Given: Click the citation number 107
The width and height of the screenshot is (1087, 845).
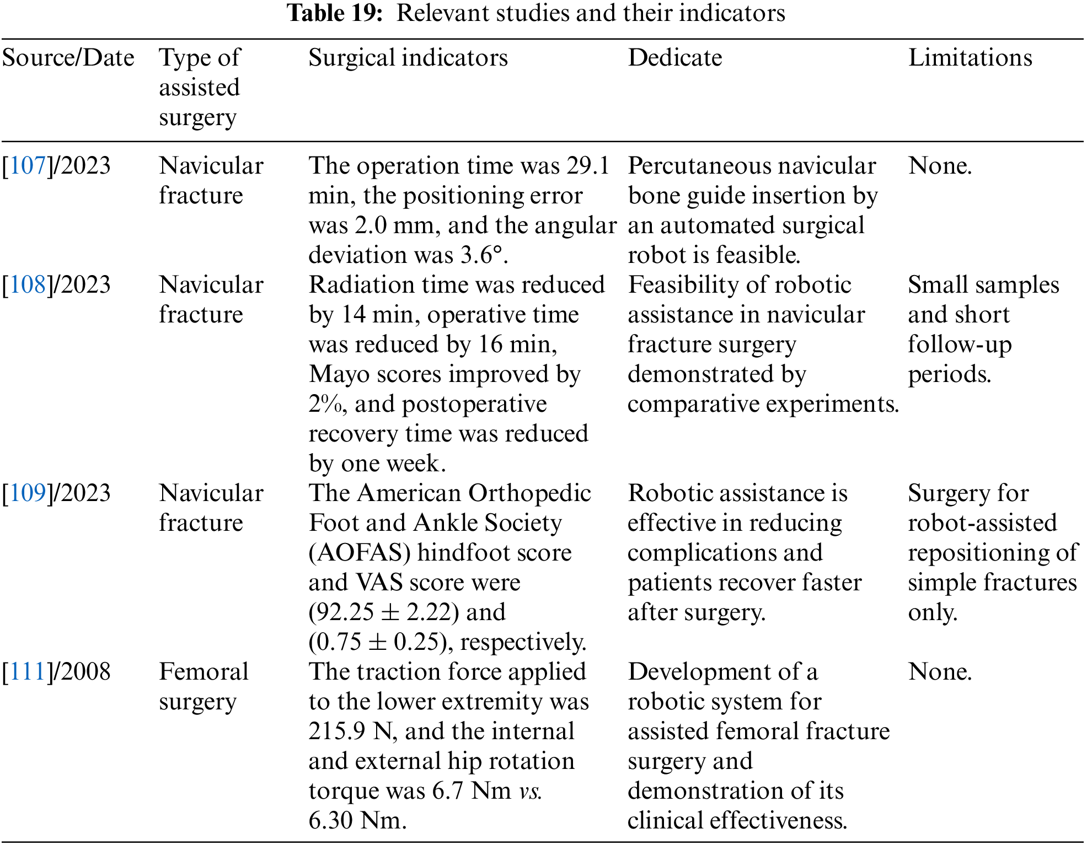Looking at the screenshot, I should [28, 166].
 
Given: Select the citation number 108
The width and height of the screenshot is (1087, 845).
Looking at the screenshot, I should [28, 285].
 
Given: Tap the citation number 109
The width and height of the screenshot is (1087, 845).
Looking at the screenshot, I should [28, 493].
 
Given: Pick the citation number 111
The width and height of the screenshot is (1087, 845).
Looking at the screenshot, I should [28, 672].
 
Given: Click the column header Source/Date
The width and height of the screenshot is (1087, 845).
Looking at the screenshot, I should [68, 58].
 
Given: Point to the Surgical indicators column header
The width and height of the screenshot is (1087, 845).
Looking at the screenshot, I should [408, 58].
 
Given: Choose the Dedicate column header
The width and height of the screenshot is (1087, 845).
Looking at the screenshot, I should [674, 58].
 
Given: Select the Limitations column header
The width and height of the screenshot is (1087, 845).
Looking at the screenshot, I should [970, 58].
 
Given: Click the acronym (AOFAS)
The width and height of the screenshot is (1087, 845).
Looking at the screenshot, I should [360, 553].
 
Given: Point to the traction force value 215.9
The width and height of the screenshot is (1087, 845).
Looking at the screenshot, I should [336, 731].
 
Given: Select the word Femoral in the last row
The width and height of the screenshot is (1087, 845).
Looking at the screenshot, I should [204, 672].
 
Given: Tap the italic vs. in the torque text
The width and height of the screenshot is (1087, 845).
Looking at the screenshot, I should [530, 791].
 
